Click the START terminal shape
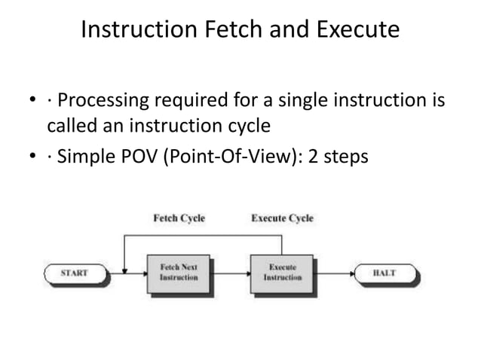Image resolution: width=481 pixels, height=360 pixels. (x=74, y=273)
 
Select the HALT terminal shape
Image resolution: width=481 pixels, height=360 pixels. (x=384, y=273)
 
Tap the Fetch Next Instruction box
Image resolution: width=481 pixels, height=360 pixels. (x=179, y=273)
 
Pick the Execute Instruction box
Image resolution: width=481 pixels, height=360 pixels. (x=282, y=273)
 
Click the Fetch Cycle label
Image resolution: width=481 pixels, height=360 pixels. (x=179, y=218)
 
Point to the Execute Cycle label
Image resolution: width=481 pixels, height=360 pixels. (x=282, y=218)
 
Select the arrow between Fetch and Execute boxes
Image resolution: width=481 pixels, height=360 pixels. (x=231, y=273)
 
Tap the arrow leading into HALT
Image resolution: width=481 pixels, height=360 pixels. (x=332, y=273)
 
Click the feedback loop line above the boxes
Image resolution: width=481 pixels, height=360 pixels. (x=204, y=236)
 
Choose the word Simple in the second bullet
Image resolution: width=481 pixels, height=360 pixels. (x=85, y=159)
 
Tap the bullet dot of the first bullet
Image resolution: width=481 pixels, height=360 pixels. (x=31, y=101)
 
